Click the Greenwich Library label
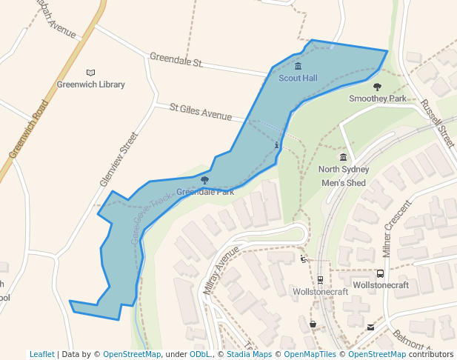tap(90, 84)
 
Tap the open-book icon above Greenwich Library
tap(90, 73)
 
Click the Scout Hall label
tap(298, 78)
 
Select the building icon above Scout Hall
tap(298, 67)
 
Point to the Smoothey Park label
tap(378, 99)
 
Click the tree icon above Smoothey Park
tap(377, 87)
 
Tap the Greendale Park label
tap(205, 192)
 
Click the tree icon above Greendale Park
tap(204, 180)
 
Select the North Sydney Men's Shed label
tap(343, 176)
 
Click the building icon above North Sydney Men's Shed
tap(343, 157)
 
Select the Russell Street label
tap(437, 121)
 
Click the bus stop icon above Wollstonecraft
tap(380, 273)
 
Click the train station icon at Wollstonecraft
tap(320, 280)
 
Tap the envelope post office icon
tap(370, 327)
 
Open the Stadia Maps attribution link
tap(249, 354)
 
